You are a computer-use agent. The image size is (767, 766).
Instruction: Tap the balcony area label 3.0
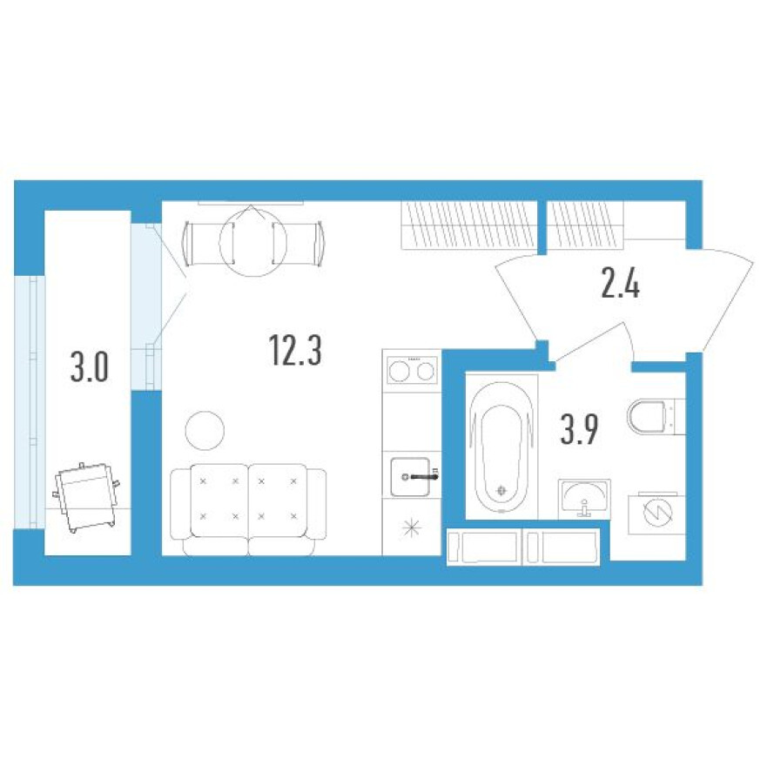[x=89, y=368]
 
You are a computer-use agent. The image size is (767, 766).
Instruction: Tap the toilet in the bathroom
[x=648, y=416]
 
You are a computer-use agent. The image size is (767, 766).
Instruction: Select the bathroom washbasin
[x=583, y=498]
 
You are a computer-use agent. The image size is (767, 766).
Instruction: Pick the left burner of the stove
[x=399, y=372]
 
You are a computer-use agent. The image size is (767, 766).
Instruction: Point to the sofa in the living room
[x=248, y=508]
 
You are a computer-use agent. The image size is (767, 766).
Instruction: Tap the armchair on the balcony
[x=85, y=494]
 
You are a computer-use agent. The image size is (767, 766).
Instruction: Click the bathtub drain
[x=501, y=490]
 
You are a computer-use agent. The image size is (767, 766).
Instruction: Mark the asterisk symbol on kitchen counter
[x=411, y=530]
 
